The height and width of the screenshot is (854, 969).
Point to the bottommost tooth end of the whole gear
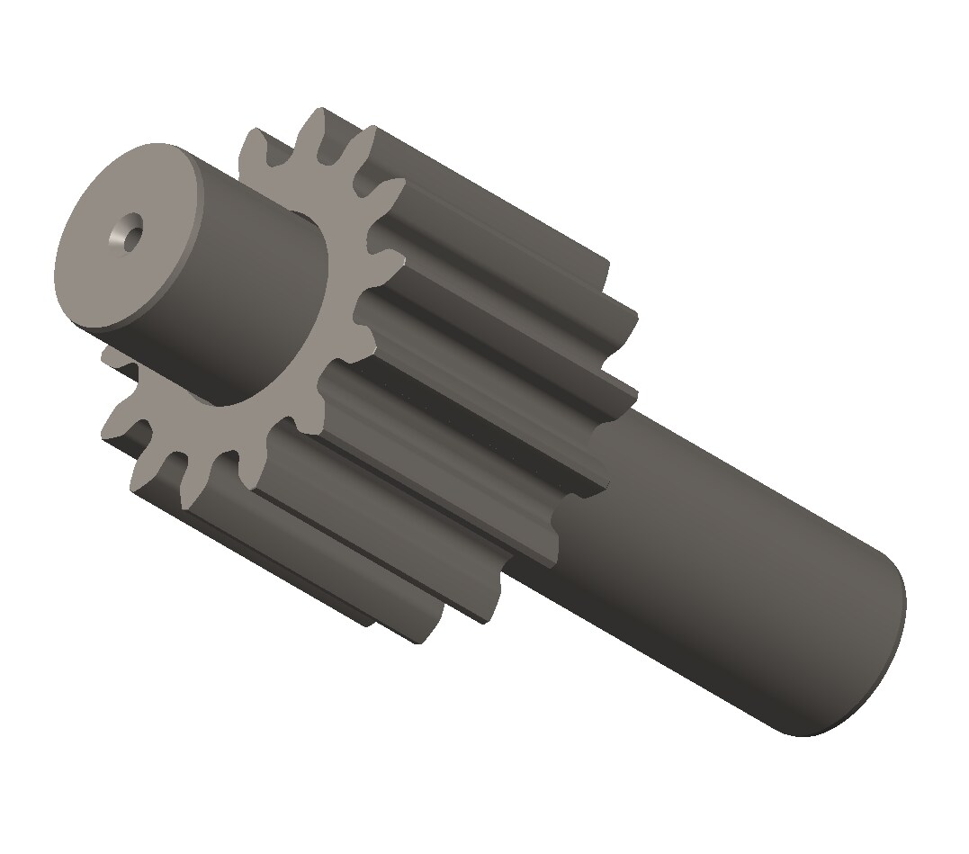pos(423,634)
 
